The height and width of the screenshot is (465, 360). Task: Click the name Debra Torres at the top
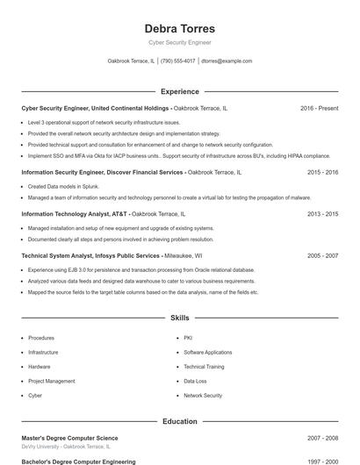pyautogui.click(x=179, y=28)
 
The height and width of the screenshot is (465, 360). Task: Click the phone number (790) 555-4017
pyautogui.click(x=178, y=61)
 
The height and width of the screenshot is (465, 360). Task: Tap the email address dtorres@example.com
pyautogui.click(x=227, y=61)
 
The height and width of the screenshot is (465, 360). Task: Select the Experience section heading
pyautogui.click(x=179, y=91)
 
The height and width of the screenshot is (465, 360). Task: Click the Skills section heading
pyautogui.click(x=179, y=317)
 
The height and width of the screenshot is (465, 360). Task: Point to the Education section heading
pyautogui.click(x=179, y=421)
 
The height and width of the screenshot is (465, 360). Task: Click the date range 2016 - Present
pyautogui.click(x=319, y=108)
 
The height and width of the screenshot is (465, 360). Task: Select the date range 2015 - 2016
pyautogui.click(x=322, y=173)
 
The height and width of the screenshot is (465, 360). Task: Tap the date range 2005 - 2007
pyautogui.click(x=322, y=255)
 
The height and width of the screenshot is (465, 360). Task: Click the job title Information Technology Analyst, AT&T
pyautogui.click(x=75, y=214)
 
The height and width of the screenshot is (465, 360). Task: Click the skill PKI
pyautogui.click(x=188, y=338)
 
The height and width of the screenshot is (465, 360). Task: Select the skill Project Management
pyautogui.click(x=52, y=381)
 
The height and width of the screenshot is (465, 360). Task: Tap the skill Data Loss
pyautogui.click(x=195, y=381)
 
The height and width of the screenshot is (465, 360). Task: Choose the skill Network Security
pyautogui.click(x=203, y=396)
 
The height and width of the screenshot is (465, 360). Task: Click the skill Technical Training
pyautogui.click(x=204, y=367)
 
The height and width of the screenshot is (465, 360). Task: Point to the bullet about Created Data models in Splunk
pyautogui.click(x=61, y=186)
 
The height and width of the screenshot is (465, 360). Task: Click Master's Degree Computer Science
pyautogui.click(x=69, y=438)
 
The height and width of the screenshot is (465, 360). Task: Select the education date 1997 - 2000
pyautogui.click(x=322, y=461)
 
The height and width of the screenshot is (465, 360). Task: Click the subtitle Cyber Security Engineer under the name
pyautogui.click(x=179, y=42)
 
